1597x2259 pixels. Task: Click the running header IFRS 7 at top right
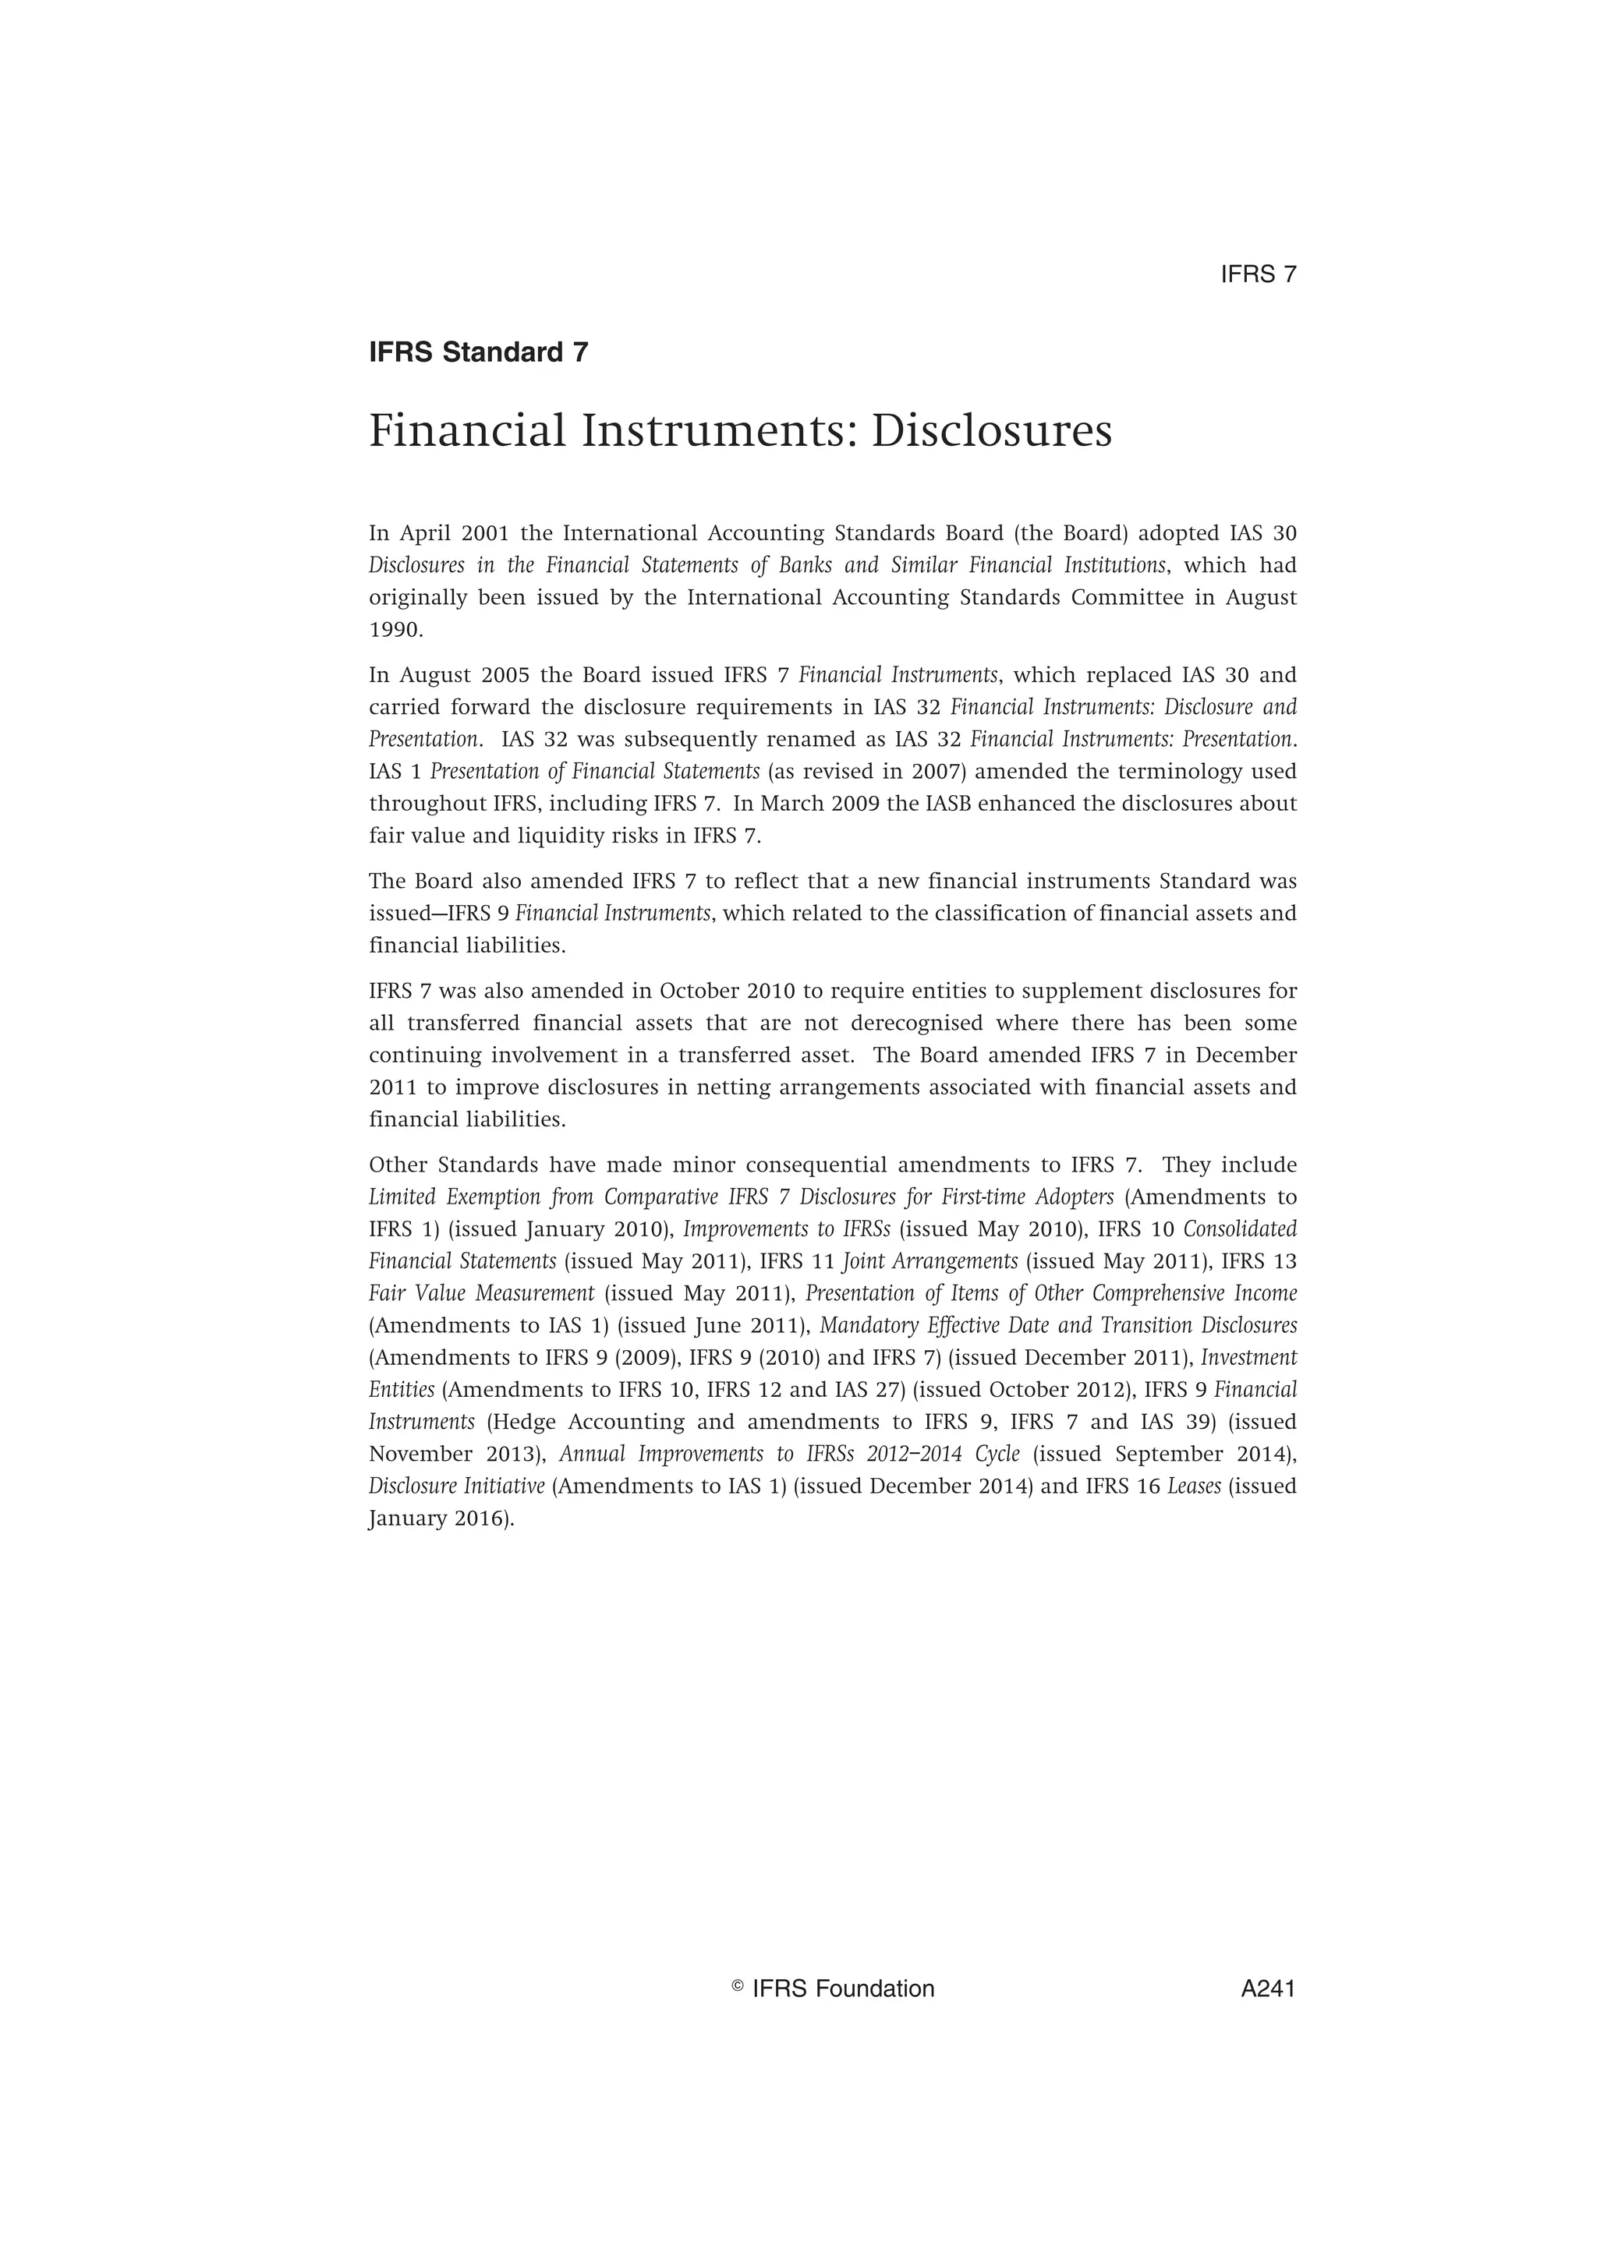1259,274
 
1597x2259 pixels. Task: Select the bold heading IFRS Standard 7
478,352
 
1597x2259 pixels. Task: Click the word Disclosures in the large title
991,431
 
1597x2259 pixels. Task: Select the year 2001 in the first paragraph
485,533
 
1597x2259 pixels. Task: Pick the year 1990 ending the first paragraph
395,630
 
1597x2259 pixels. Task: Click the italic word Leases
1194,1486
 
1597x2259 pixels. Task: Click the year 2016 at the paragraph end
480,1518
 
